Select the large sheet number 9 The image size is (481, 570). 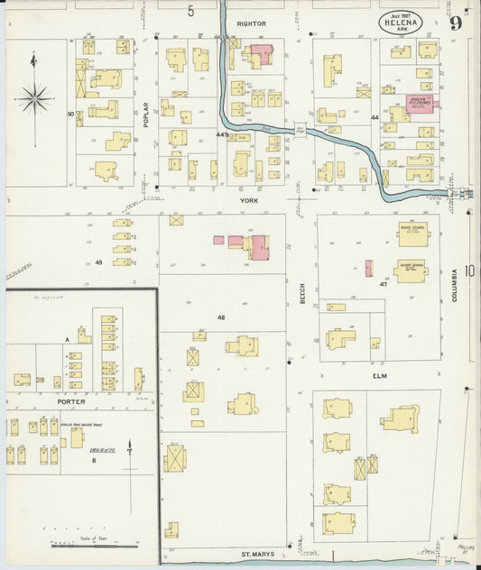(x=458, y=23)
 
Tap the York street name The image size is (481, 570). (x=243, y=202)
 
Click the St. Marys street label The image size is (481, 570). (x=257, y=554)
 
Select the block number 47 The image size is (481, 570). (x=384, y=284)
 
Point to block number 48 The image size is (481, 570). (x=220, y=317)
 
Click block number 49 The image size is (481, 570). (x=98, y=262)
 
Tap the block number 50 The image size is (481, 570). (x=69, y=115)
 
